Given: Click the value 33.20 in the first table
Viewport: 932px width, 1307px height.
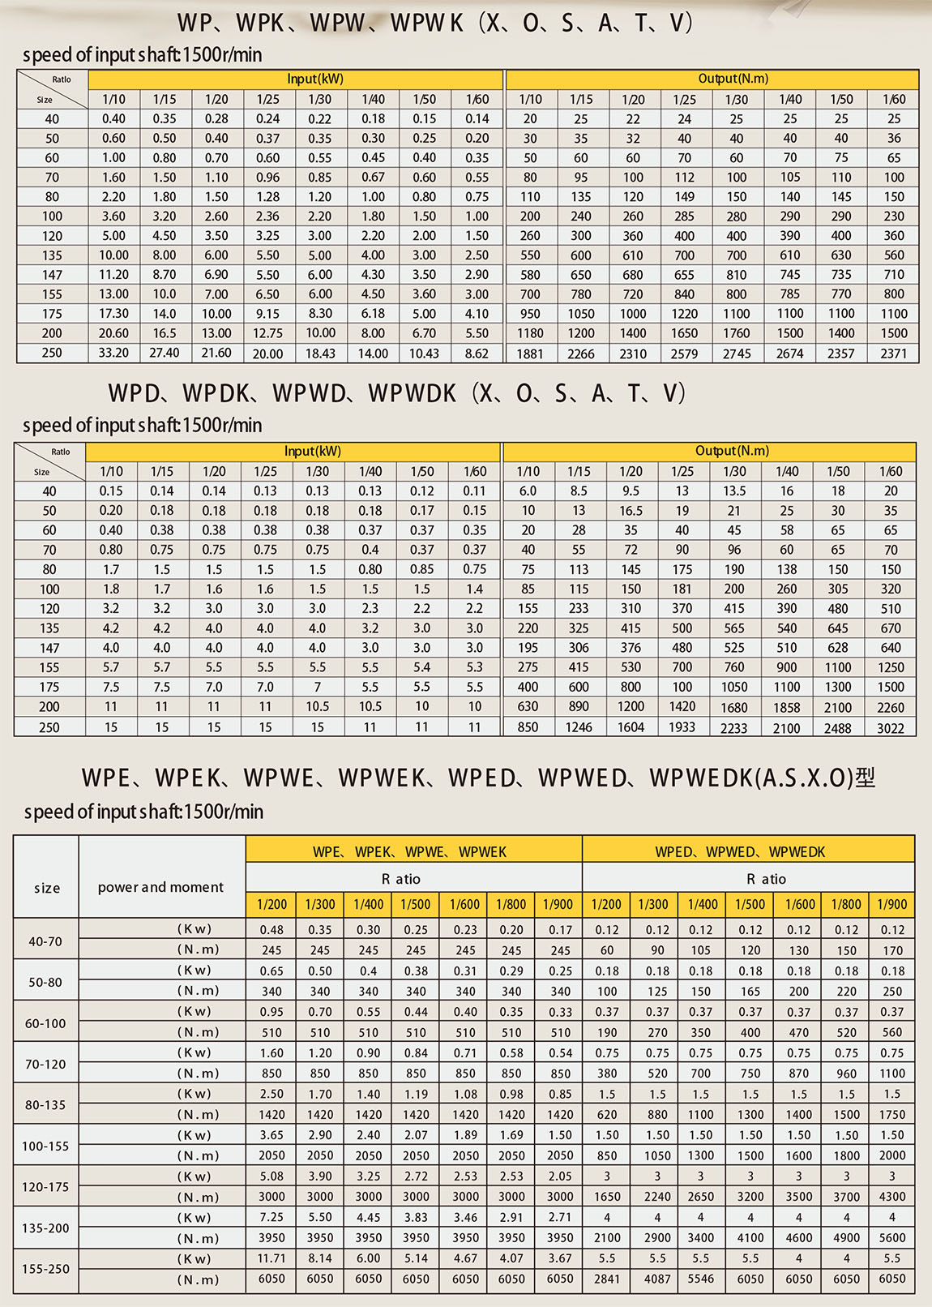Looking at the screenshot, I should click(113, 353).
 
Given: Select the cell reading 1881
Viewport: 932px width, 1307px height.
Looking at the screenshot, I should click(530, 354).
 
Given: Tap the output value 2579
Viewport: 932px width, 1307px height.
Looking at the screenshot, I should click(685, 354).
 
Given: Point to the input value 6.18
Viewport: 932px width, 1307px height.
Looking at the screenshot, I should click(373, 314).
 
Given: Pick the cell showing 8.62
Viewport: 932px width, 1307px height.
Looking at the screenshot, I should click(477, 354).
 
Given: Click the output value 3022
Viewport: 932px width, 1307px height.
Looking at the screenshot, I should click(891, 728).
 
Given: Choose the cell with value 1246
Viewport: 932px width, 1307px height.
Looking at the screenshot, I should click(579, 727).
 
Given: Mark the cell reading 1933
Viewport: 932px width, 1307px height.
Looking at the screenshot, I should click(682, 727).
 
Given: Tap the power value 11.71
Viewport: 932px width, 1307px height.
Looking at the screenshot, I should click(271, 1258).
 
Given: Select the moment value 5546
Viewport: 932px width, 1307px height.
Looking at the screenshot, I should click(701, 1279).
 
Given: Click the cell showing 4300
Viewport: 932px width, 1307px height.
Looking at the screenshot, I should click(892, 1196).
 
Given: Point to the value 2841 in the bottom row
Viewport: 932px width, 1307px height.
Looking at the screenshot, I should click(607, 1279).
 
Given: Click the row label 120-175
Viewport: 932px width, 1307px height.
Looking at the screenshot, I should click(45, 1187).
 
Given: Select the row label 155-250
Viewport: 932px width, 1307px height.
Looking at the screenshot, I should click(45, 1269).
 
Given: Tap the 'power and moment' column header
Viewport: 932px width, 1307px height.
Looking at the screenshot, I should click(160, 887).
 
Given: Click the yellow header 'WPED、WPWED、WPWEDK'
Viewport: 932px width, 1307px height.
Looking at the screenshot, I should click(740, 851).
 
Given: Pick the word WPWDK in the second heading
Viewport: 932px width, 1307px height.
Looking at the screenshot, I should click(413, 393).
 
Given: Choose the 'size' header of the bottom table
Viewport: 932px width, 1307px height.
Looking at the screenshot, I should click(47, 888).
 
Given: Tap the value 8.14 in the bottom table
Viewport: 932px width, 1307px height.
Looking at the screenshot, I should click(320, 1258).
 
